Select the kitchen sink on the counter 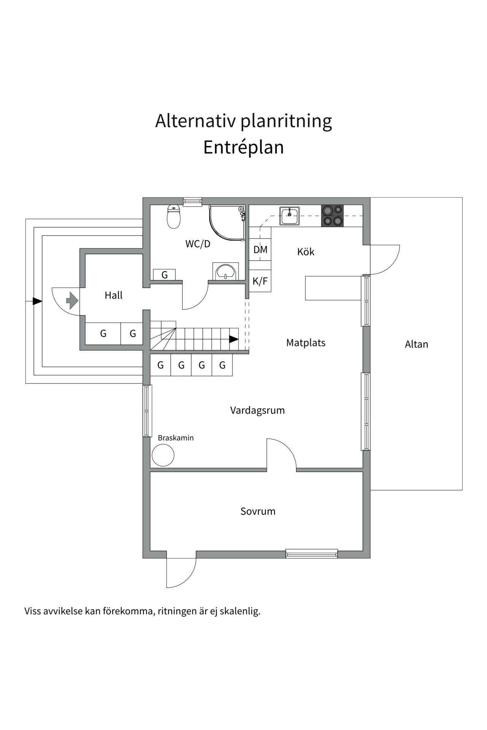[x=290, y=216]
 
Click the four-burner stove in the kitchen [x=332, y=216]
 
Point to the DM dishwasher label [x=260, y=250]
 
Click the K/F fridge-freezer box [x=260, y=281]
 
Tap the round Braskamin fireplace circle [x=163, y=455]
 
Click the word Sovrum [x=258, y=511]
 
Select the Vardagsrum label [x=257, y=411]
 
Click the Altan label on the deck [x=416, y=344]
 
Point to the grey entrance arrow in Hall [x=72, y=301]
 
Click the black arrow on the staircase [x=234, y=340]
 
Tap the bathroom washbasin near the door [x=226, y=272]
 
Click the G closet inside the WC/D [x=164, y=275]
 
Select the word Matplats [x=306, y=343]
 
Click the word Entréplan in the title [x=243, y=148]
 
